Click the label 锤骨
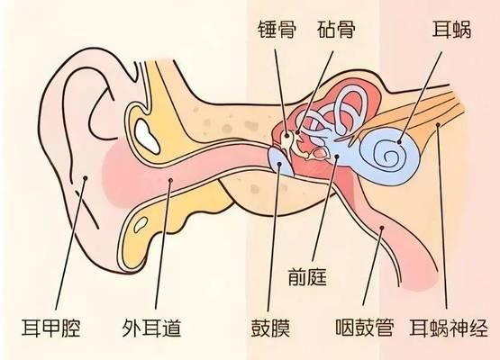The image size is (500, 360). tap(277, 30)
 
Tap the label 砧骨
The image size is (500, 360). tap(336, 30)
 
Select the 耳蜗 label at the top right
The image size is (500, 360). tap(451, 30)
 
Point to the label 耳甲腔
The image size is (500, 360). tap(50, 328)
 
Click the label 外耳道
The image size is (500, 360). tap(151, 328)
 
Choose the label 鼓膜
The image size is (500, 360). tap(270, 328)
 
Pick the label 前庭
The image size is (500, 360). tap(308, 276)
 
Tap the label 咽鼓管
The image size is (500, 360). tap(365, 328)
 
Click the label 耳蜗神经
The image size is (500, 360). tap(449, 328)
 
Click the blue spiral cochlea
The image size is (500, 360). tap(387, 156)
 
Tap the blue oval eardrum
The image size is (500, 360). tap(280, 162)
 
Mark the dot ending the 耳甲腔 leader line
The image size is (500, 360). tap(86, 178)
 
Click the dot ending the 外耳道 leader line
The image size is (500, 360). tap(170, 180)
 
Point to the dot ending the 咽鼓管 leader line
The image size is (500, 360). tap(382, 228)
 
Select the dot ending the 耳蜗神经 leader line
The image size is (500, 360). tap(438, 124)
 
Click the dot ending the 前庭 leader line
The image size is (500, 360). tap(337, 156)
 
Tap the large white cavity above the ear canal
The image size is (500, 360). tap(147, 137)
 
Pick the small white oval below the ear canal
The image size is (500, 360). tap(141, 225)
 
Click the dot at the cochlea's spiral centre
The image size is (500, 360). tap(399, 142)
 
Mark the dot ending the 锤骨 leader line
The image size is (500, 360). tap(286, 135)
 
